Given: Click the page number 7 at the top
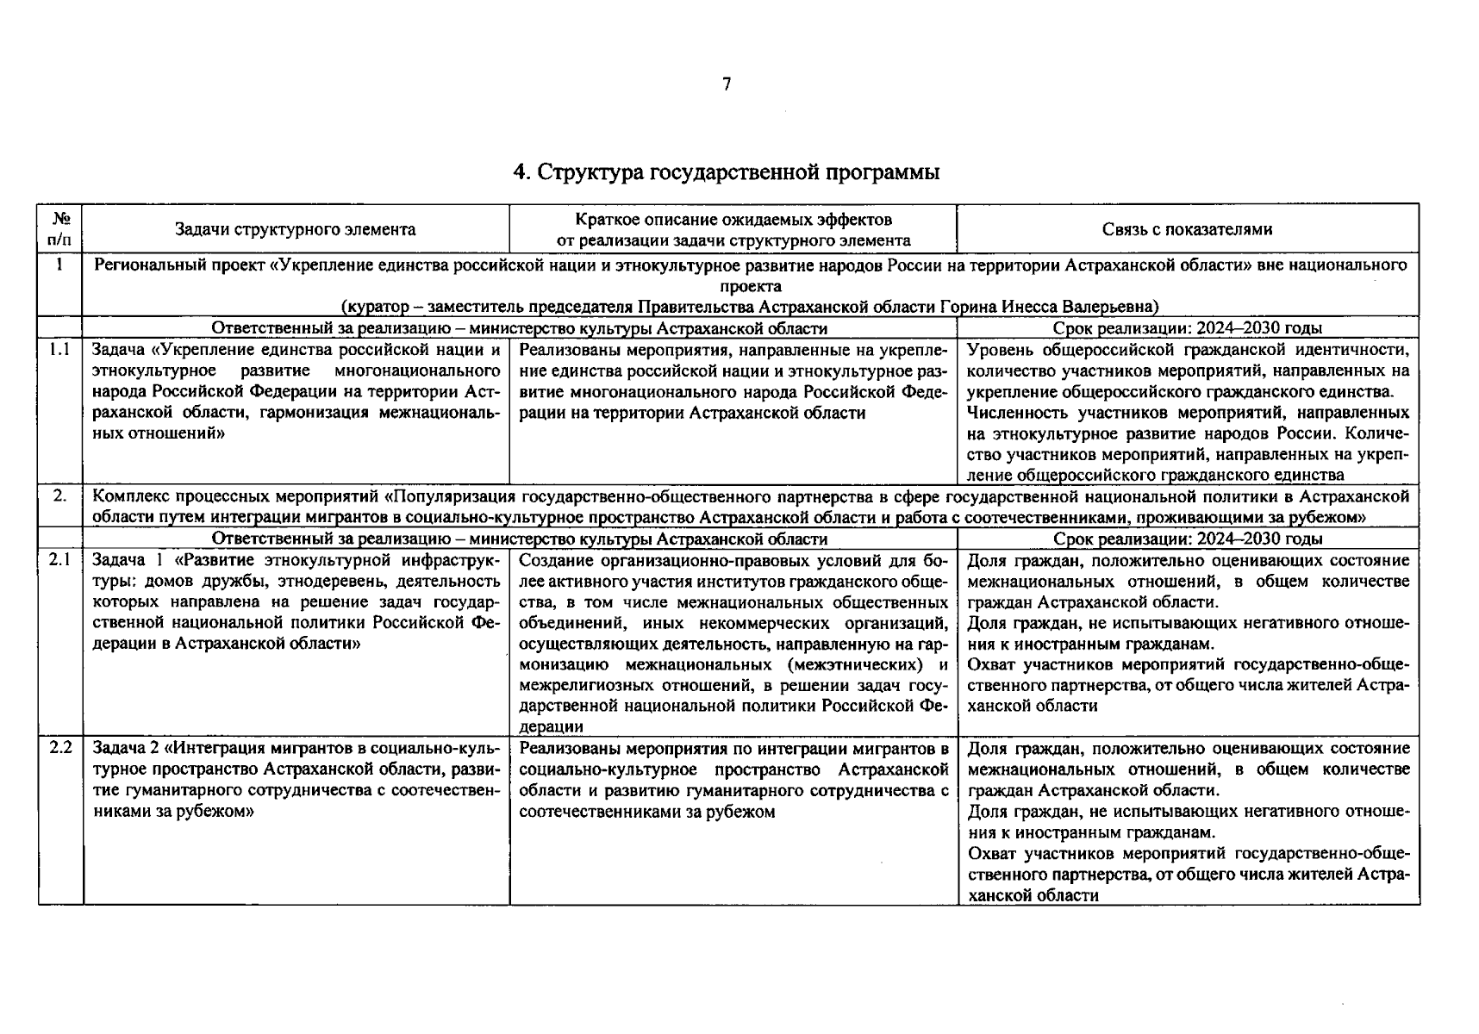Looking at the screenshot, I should (x=727, y=84).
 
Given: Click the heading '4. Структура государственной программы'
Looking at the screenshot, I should (x=726, y=172).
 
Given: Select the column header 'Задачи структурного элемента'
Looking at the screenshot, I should (x=295, y=229).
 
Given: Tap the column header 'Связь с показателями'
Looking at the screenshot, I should (x=1187, y=229).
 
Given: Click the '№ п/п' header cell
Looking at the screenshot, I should (x=59, y=228).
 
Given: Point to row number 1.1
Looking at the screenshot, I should (x=59, y=350).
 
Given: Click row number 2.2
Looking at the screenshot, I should (x=59, y=748).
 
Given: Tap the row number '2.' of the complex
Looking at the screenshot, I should (x=59, y=496).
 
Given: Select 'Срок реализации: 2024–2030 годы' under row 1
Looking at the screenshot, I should (x=1187, y=328).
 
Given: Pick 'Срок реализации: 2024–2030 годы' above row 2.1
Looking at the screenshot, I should (x=1187, y=539).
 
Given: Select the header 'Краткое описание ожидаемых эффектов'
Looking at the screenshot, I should (x=733, y=220).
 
